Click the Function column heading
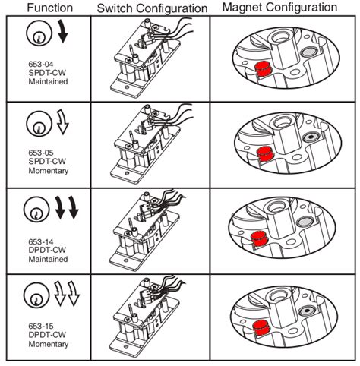pyautogui.click(x=50, y=8)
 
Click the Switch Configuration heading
pyautogui.click(x=152, y=8)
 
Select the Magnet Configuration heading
pyautogui.click(x=279, y=8)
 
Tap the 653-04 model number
pyautogui.click(x=41, y=64)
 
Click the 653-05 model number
pyautogui.click(x=41, y=153)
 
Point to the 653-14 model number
pyautogui.click(x=41, y=241)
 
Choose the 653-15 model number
pyautogui.click(x=41, y=326)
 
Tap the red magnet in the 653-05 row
pyautogui.click(x=265, y=153)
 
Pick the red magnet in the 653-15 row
pyautogui.click(x=261, y=327)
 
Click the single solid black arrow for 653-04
pyautogui.click(x=63, y=31)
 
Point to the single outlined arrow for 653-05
pyautogui.click(x=62, y=121)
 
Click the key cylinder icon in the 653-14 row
pyautogui.click(x=36, y=210)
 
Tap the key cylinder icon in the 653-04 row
pyautogui.click(x=39, y=33)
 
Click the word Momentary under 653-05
pyautogui.click(x=49, y=171)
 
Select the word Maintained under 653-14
pyautogui.click(x=48, y=259)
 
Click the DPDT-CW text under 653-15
pyautogui.click(x=47, y=335)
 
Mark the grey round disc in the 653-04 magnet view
pyautogui.click(x=309, y=52)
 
